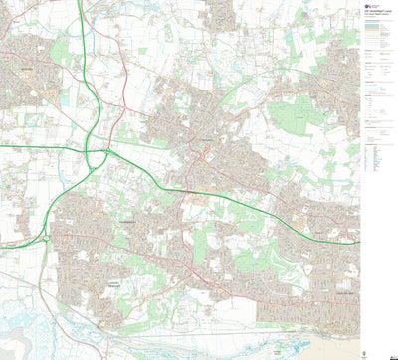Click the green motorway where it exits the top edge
(79, 3)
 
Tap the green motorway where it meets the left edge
(3, 147)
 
